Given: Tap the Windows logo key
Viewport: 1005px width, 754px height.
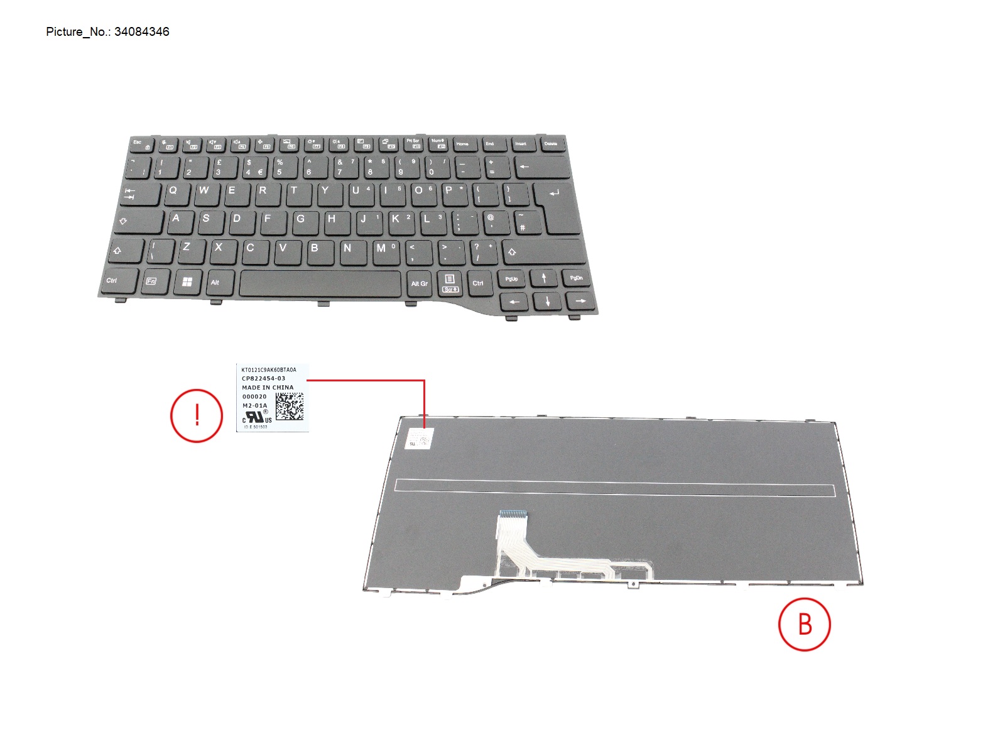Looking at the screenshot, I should click(187, 281).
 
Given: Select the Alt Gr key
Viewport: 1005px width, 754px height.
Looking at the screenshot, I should click(419, 283).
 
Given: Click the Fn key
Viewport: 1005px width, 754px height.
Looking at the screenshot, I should click(151, 281).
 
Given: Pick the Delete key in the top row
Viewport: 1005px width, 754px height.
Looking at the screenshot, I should click(551, 145).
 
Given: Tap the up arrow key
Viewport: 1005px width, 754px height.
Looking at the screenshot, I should click(544, 278).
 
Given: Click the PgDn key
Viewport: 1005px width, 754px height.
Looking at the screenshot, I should click(576, 278).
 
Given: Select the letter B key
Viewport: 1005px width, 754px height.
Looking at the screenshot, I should click(315, 248).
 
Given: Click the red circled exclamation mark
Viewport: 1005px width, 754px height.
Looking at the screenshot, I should click(197, 415).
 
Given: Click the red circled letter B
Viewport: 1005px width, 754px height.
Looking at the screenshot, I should click(805, 625).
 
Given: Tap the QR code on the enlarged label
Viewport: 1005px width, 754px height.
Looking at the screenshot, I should click(290, 407).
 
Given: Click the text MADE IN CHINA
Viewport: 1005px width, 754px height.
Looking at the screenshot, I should click(268, 388).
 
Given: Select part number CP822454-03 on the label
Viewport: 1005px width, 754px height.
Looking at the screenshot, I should click(263, 379).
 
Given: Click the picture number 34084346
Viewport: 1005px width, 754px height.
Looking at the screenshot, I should click(141, 32).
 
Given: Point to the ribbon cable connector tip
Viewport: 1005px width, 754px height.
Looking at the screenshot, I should click(513, 514).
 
